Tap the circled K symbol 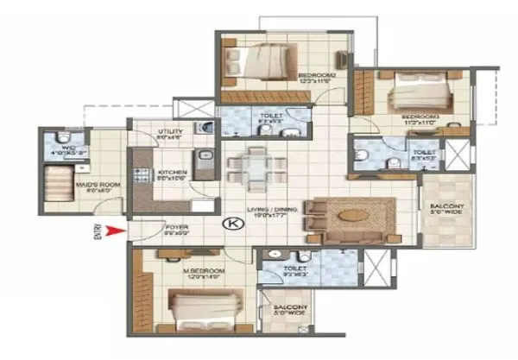232,224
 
